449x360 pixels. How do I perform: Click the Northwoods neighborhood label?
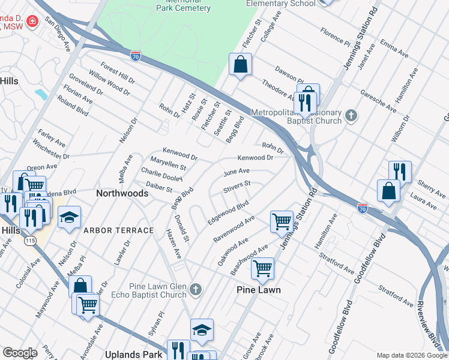pos(122,193)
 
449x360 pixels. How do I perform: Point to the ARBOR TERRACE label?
pos(118,230)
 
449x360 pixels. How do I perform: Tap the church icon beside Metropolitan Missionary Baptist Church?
pos(352,114)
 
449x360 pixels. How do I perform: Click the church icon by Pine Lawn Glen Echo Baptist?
pos(195,290)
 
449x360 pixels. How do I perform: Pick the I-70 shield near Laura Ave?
pos(362,208)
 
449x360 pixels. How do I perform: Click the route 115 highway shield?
pos(29,241)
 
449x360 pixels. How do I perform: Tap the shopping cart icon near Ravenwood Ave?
pos(282,221)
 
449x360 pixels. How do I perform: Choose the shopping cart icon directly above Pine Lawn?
pos(262,268)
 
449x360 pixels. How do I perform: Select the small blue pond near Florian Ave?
pos(41,94)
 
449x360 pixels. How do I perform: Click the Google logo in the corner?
pos(20,353)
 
